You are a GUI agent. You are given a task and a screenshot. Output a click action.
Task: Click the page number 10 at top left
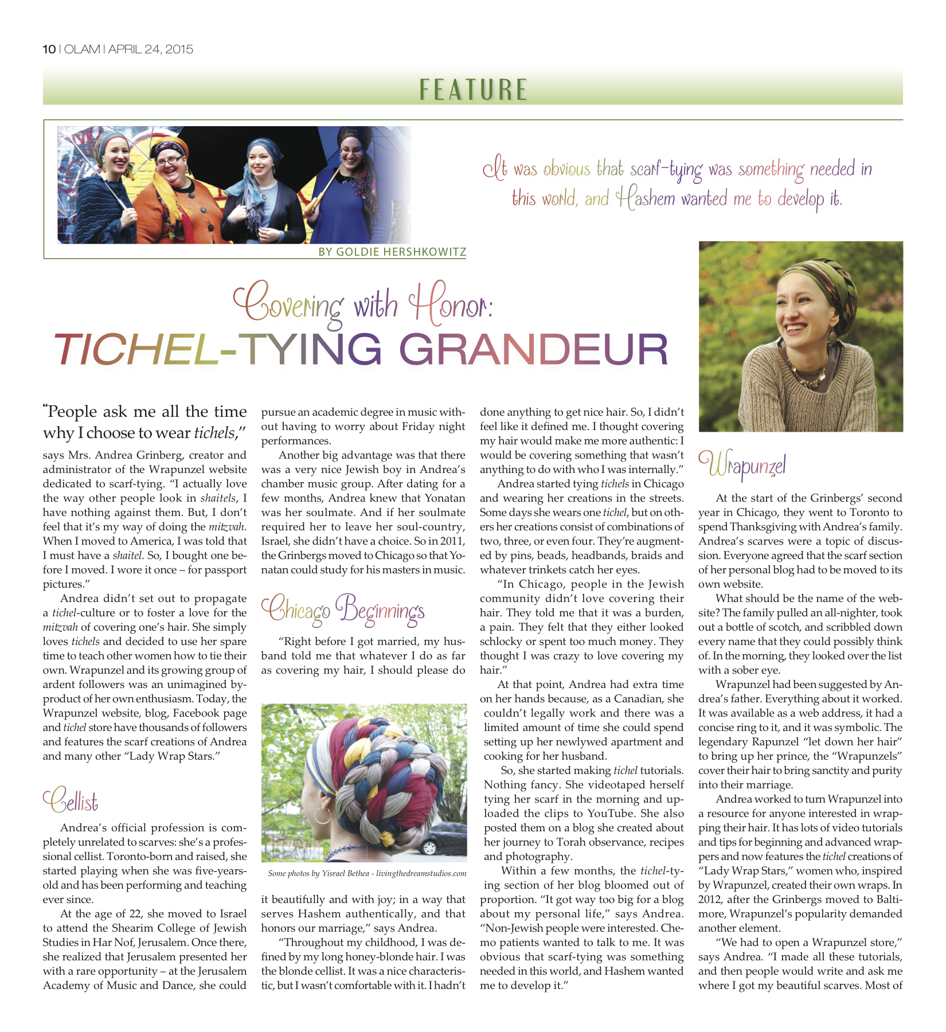point(49,49)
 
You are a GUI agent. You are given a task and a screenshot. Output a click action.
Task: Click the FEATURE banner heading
point(473,89)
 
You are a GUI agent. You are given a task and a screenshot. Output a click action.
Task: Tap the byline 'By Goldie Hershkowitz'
point(392,252)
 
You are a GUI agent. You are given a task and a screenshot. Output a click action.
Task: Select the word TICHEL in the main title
point(135,349)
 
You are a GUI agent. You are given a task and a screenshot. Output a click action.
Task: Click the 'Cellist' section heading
point(71,800)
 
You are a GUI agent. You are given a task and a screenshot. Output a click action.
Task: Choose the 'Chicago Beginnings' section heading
point(343,610)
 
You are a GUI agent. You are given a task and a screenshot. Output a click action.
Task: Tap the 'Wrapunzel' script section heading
point(741,466)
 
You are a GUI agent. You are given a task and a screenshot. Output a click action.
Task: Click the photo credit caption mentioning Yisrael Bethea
point(367,874)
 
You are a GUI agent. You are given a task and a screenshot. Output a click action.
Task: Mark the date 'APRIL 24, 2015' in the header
point(151,49)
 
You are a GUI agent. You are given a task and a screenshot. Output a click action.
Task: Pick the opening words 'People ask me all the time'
point(147,412)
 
